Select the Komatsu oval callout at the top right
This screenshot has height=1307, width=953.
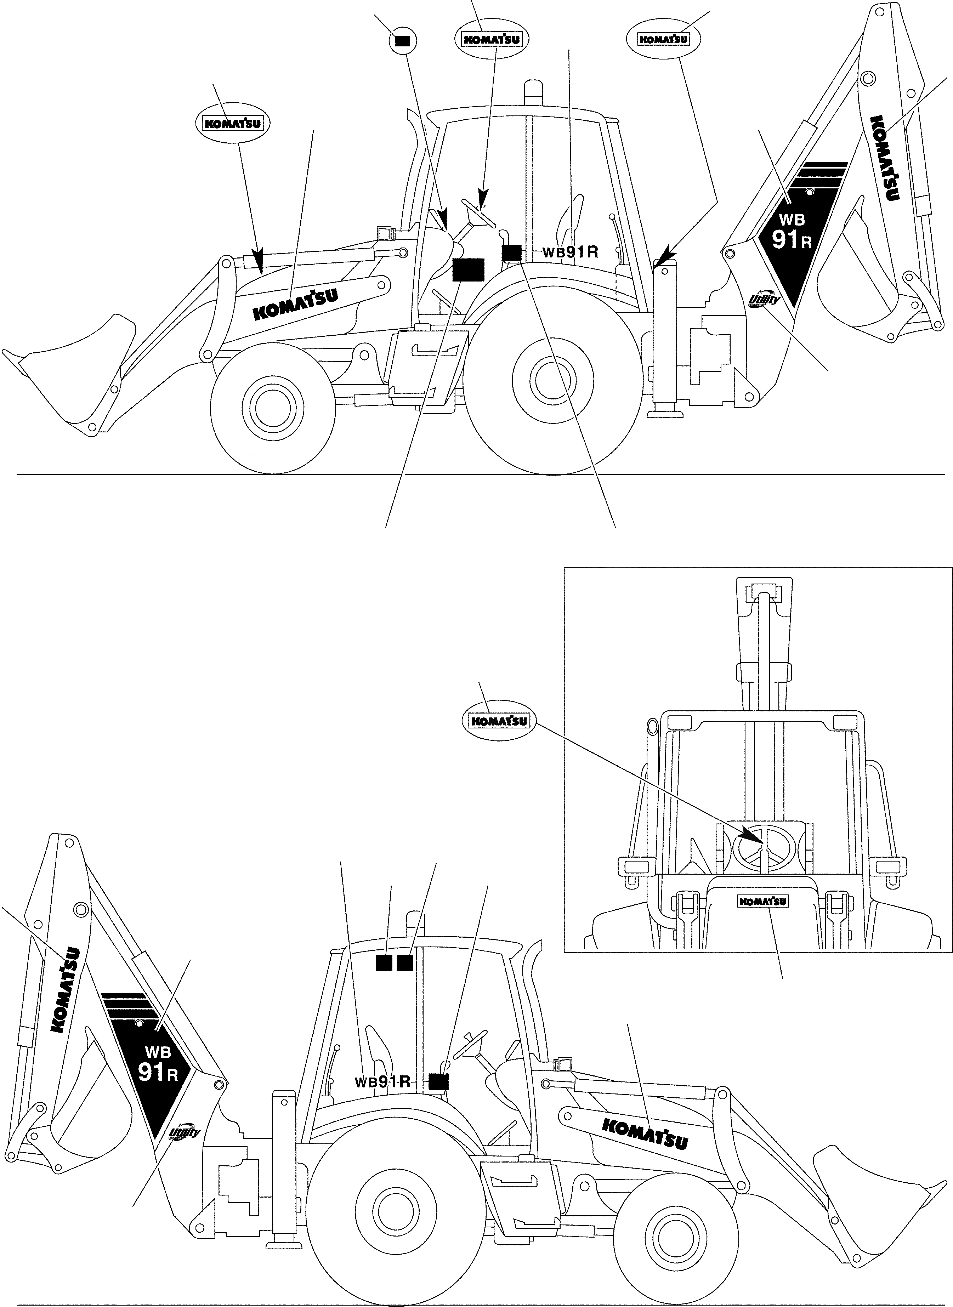(664, 39)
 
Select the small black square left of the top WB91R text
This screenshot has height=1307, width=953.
(511, 252)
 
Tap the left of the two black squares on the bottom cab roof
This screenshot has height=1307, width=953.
(384, 963)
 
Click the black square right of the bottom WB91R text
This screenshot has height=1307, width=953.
(439, 1081)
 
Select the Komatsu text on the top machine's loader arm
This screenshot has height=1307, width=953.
(295, 303)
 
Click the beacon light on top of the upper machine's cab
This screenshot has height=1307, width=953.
(533, 93)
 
